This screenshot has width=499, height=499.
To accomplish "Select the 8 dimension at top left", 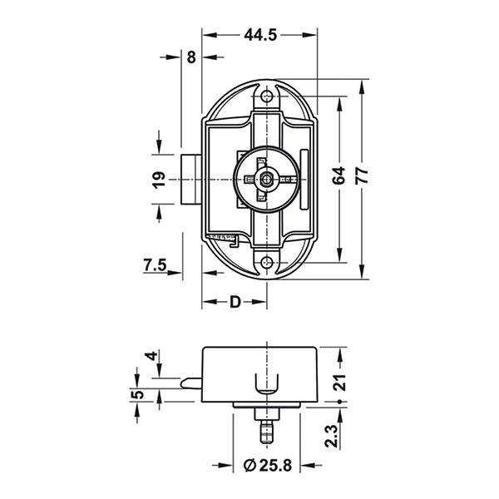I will coord(191,57).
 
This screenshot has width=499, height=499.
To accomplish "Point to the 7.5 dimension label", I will coord(156,266).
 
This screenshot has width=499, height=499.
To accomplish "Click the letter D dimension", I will coord(235,301).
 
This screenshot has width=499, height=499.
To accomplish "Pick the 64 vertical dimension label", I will coord(338,176).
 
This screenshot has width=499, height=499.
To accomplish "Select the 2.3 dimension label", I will coord(331,435).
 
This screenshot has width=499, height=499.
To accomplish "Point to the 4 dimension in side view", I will coord(151,356).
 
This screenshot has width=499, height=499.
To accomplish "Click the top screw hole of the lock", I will coord(267,98).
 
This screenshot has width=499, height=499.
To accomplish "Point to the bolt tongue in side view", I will coord(190,382).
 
